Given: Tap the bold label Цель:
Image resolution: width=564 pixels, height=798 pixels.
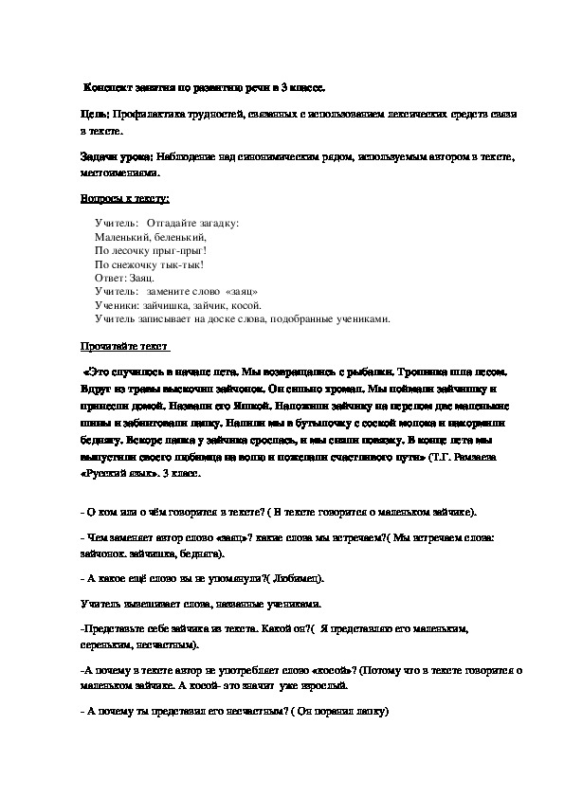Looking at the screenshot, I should (x=96, y=114).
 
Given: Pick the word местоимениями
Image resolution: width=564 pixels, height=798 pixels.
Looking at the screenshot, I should (x=119, y=174).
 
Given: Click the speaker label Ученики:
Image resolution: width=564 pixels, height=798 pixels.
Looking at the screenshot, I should (x=118, y=306).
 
